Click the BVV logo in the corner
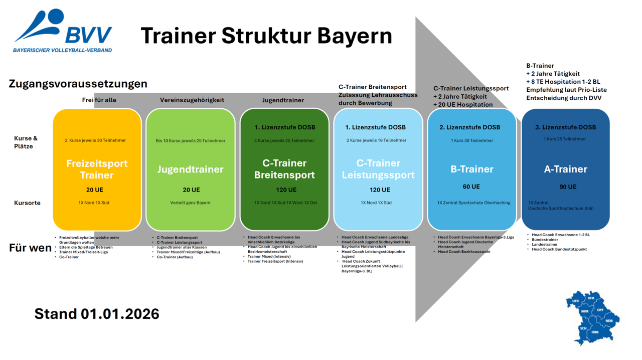pyautogui.click(x=63, y=31)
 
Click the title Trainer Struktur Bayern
pyautogui.click(x=266, y=36)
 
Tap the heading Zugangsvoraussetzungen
pyautogui.click(x=78, y=84)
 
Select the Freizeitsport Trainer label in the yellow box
pyautogui.click(x=97, y=169)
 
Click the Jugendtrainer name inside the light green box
pyautogui.click(x=190, y=169)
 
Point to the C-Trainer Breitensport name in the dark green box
pyautogui.click(x=284, y=169)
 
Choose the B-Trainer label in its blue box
pyautogui.click(x=471, y=169)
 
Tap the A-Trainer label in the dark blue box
pyautogui.click(x=565, y=169)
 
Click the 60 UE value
pyautogui.click(x=471, y=187)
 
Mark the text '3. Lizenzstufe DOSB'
pyautogui.click(x=565, y=127)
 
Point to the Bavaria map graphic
pyautogui.click(x=592, y=316)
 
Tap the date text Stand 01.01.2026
pyautogui.click(x=97, y=314)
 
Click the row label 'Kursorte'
pyautogui.click(x=27, y=203)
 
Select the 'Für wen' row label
pyautogui.click(x=30, y=248)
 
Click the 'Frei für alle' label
pyautogui.click(x=99, y=100)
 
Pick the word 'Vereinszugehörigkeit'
pyautogui.click(x=192, y=100)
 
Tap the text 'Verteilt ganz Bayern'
pyautogui.click(x=190, y=203)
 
